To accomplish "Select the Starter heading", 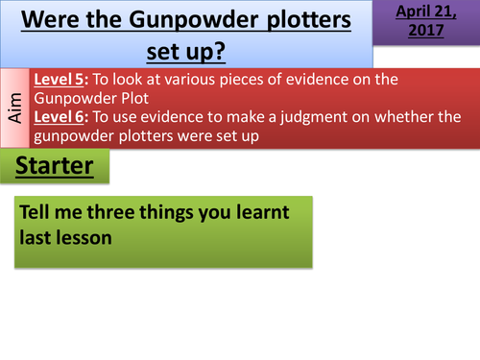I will pos(55,167).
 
